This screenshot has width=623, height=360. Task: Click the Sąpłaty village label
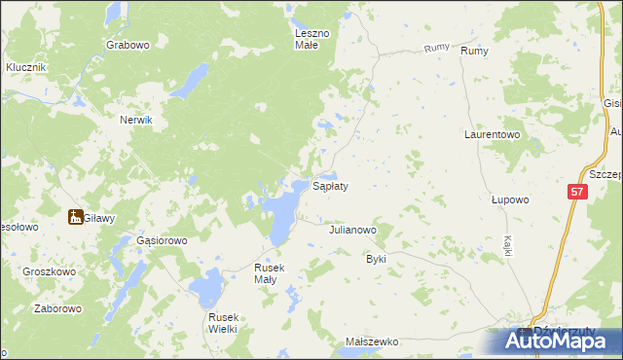coord(330,185)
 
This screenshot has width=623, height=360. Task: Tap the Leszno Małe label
coord(313,38)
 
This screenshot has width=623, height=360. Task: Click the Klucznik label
coord(26,67)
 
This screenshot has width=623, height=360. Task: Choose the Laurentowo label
coord(492,135)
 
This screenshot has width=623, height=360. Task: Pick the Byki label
coord(376,260)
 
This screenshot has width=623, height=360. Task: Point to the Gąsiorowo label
coord(161,239)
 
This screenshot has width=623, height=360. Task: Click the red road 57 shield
coord(576,193)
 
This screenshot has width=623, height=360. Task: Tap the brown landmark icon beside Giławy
coord(74,218)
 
